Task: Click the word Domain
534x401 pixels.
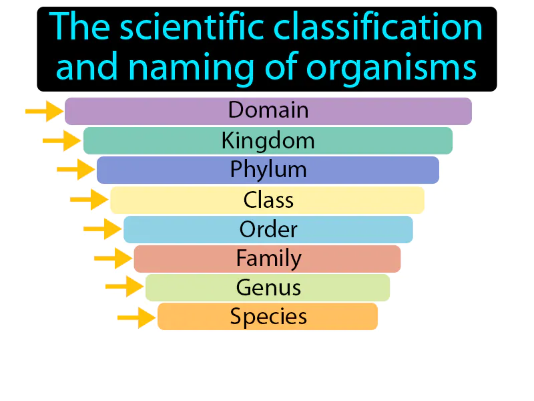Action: (x=268, y=110)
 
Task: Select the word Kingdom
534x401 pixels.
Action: (x=268, y=140)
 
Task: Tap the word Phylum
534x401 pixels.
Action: (x=268, y=170)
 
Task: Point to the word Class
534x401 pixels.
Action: (x=268, y=200)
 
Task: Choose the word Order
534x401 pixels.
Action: (x=268, y=229)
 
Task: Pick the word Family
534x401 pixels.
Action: (x=268, y=258)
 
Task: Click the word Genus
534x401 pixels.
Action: (x=268, y=287)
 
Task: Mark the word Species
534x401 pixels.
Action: (x=268, y=316)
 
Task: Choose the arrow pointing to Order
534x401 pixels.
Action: (x=103, y=229)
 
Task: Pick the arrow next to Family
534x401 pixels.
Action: (x=113, y=258)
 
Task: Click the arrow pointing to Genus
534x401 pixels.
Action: (x=125, y=287)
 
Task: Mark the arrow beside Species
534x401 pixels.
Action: (x=137, y=317)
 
